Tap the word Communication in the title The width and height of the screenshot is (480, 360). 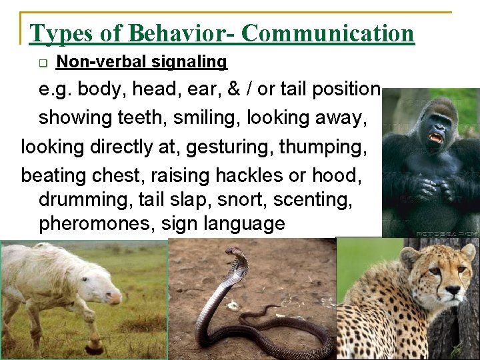327,33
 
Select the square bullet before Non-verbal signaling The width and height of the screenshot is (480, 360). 43,63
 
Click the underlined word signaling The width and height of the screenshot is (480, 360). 190,62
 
